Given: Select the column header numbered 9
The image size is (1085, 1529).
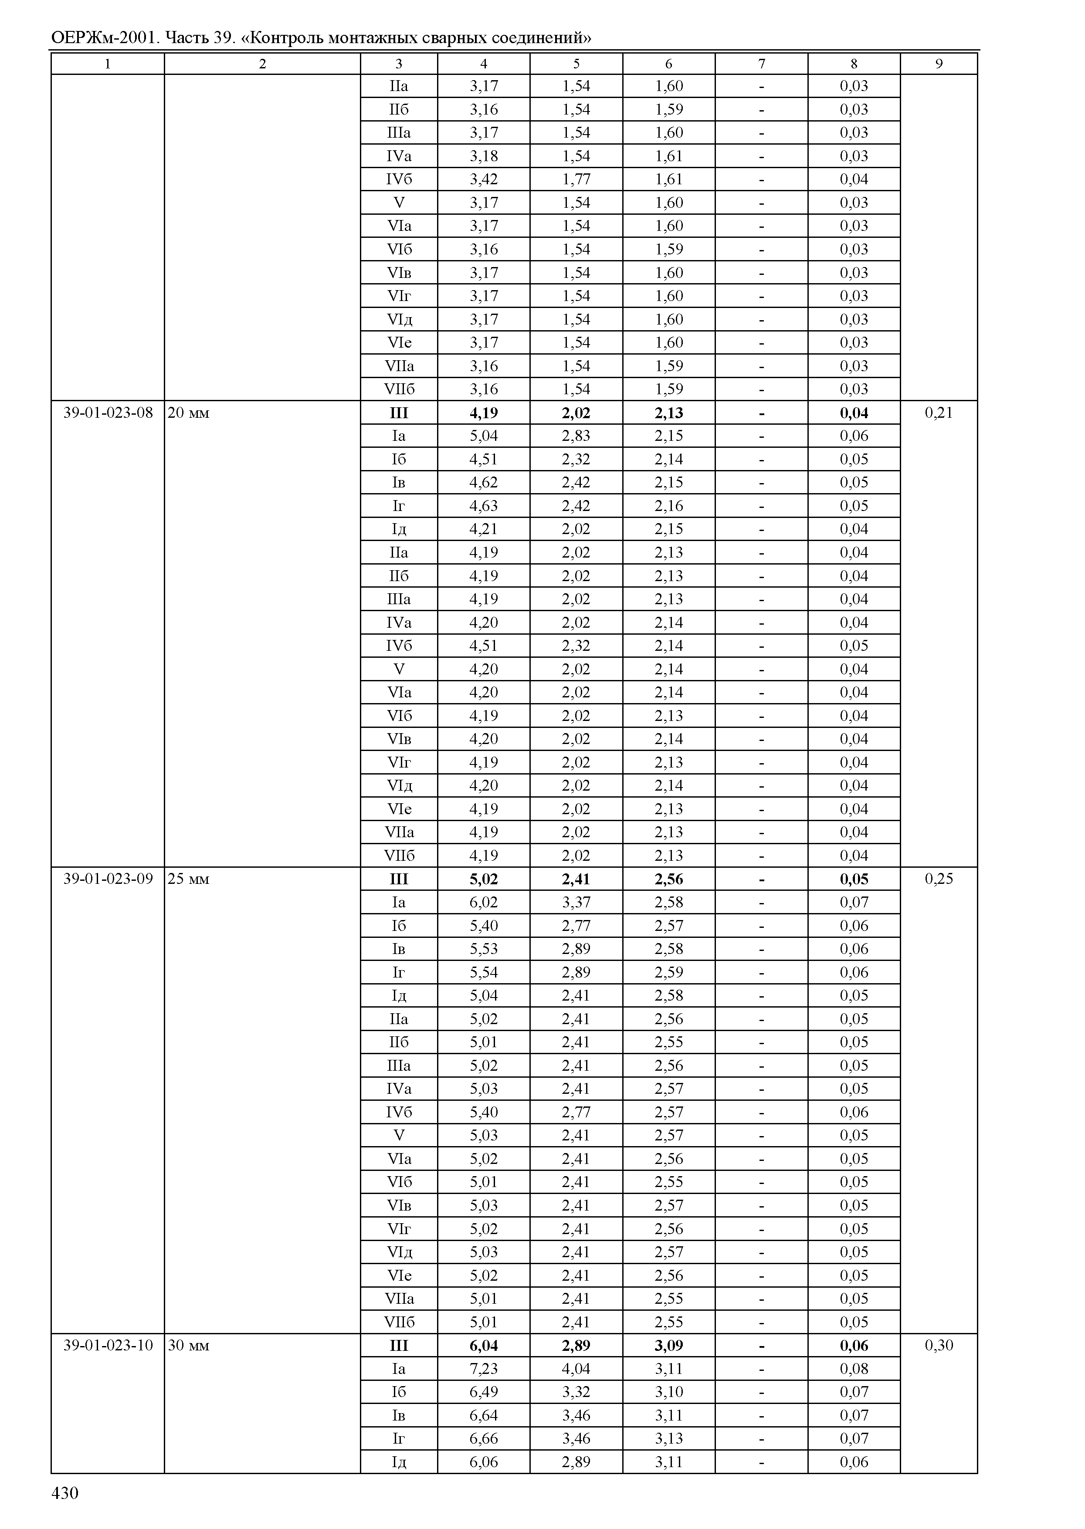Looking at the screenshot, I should coord(938,64).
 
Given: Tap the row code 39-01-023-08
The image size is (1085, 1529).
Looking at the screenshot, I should coord(108,413).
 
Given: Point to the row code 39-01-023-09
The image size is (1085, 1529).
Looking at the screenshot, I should coord(108,879).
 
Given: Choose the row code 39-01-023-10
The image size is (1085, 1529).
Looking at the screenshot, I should coord(108,1345).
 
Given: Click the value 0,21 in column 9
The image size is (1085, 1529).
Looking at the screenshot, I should coord(938,413).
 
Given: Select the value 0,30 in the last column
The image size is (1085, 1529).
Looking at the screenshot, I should coord(938,1345).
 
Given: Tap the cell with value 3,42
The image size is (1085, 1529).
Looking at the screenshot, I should coord(483,179).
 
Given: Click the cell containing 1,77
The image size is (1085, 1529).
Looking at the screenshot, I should coord(576,179).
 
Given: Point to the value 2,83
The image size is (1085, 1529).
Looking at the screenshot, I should coord(576,436).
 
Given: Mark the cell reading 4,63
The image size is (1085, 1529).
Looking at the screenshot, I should coord(483,506).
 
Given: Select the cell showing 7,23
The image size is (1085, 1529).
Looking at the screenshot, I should coord(483,1369).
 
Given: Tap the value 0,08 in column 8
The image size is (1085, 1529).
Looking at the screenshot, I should coord(854,1369).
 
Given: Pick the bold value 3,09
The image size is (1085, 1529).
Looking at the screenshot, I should coord(669,1345).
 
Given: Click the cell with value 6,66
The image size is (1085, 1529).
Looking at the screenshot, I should coord(483,1438).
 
